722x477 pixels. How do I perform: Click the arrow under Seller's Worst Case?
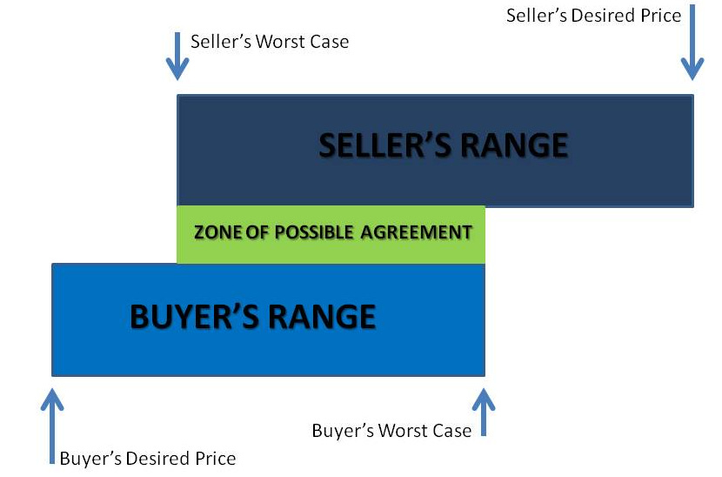click(177, 58)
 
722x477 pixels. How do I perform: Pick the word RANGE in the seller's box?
click(513, 145)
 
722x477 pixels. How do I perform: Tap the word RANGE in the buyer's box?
click(322, 317)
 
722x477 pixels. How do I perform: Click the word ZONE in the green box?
click(215, 232)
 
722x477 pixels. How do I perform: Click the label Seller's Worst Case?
click(270, 42)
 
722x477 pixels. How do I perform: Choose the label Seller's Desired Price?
click(593, 16)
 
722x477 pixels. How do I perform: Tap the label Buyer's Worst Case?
click(391, 431)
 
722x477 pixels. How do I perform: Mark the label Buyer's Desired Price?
click(148, 458)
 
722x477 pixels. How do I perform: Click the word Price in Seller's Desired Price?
click(661, 16)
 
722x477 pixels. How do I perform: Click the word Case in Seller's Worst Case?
click(331, 42)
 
